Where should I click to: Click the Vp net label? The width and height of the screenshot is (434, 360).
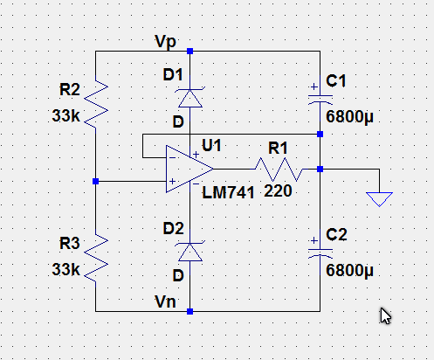pos(166,42)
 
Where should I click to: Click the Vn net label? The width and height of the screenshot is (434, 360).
pos(165,301)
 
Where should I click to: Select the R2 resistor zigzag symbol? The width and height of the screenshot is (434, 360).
pos(96,101)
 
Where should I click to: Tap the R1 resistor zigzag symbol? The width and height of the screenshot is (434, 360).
pos(279,170)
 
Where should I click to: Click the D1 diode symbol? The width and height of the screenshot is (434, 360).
pos(190,98)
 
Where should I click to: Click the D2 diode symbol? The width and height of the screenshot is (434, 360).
pos(190,252)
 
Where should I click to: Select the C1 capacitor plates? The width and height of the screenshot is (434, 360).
pos(320,99)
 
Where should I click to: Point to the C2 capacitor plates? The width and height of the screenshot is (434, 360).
pos(320,253)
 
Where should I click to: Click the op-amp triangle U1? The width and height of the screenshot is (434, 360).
pos(189,169)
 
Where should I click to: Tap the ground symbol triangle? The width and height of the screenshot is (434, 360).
pos(379,199)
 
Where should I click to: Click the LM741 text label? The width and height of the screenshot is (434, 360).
pos(228,193)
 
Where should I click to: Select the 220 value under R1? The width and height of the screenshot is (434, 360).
pos(278,191)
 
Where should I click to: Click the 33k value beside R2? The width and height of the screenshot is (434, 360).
pos(65,115)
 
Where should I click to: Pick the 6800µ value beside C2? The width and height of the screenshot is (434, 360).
pos(349,270)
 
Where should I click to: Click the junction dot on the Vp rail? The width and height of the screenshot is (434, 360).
pos(190,52)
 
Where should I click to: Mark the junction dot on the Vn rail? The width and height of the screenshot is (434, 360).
pos(190,312)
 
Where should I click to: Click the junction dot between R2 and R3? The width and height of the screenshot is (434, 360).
pos(95,182)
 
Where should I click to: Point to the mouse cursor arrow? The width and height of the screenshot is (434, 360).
pos(385,315)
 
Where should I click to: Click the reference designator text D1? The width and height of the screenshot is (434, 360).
pos(173,75)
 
